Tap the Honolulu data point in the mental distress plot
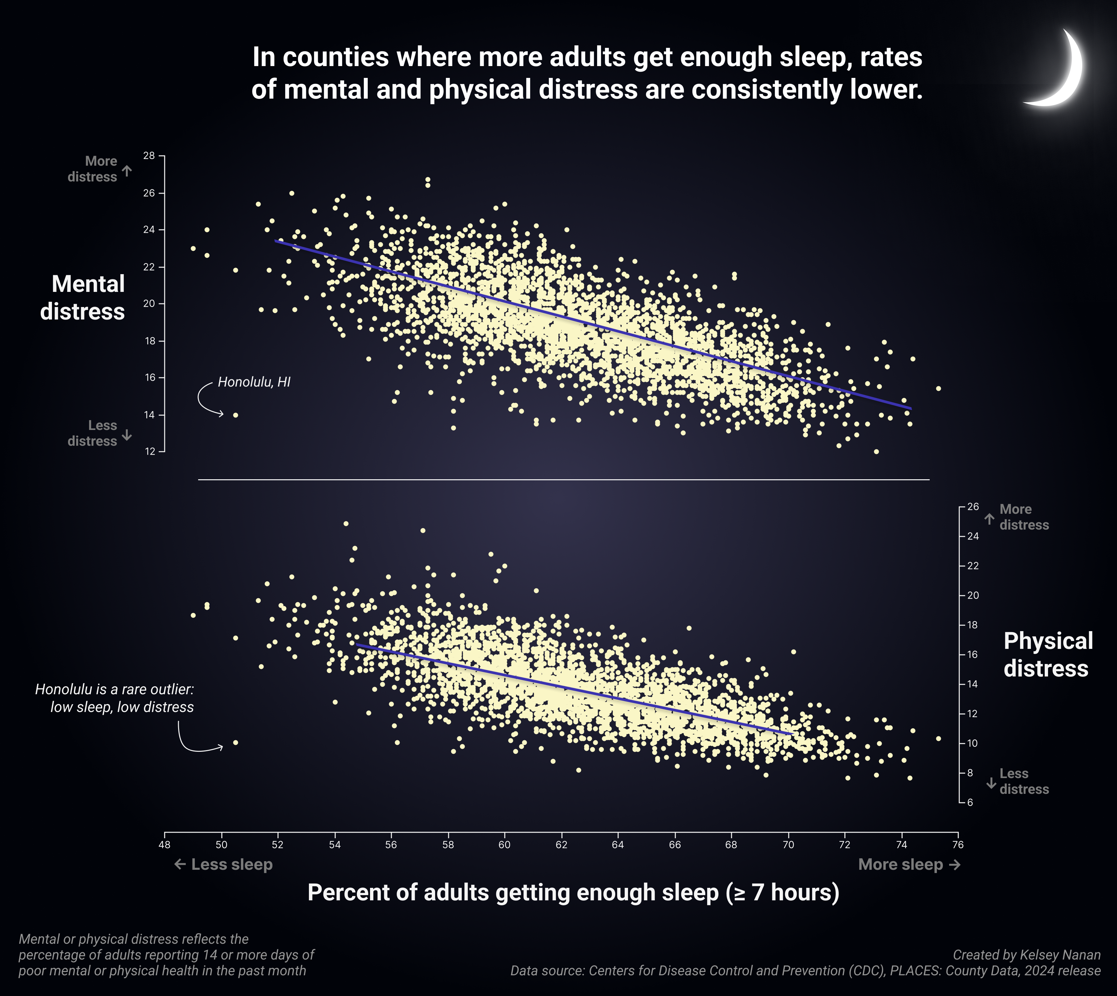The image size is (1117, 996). [x=236, y=415]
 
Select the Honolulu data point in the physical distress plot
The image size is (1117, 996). [x=236, y=743]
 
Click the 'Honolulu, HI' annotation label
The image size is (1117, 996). [x=254, y=382]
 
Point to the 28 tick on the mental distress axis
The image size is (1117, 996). [x=149, y=156]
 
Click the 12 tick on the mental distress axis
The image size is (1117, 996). [x=149, y=451]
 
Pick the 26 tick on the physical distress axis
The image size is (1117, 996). [x=973, y=507]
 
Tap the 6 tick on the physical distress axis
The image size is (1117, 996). [x=970, y=802]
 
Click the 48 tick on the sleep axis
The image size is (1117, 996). [x=165, y=844]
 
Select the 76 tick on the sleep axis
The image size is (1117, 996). [x=958, y=844]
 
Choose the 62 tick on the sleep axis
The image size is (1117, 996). [x=561, y=844]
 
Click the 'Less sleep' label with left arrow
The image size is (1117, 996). [x=223, y=865]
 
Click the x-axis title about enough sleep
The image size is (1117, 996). [x=573, y=892]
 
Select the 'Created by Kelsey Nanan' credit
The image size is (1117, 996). [x=1026, y=955]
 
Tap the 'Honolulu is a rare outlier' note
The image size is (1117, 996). [x=115, y=698]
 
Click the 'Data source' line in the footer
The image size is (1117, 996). [x=805, y=971]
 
